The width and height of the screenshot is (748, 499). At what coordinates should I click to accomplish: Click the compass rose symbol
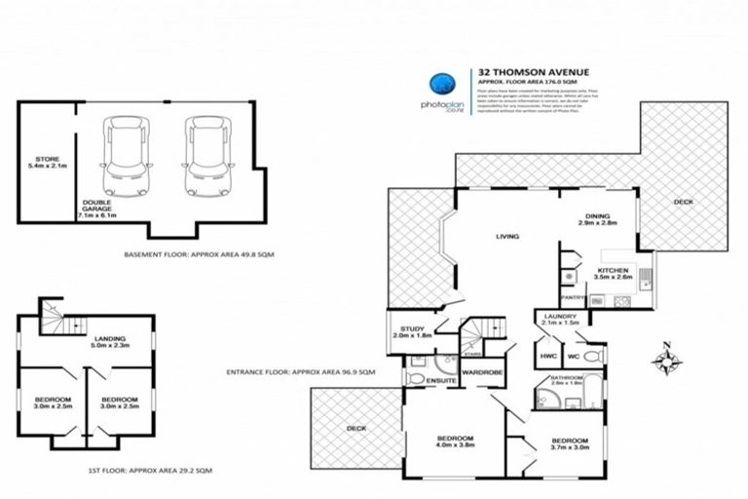coord(668,360)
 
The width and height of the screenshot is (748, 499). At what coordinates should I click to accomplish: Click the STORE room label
coord(48,162)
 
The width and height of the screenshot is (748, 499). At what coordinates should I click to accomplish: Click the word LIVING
coord(506,236)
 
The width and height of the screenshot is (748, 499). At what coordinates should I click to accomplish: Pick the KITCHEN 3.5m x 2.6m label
coord(614,273)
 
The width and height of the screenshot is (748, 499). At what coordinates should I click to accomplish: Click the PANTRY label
coord(572,297)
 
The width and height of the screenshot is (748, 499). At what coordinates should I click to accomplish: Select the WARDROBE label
coord(480,372)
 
